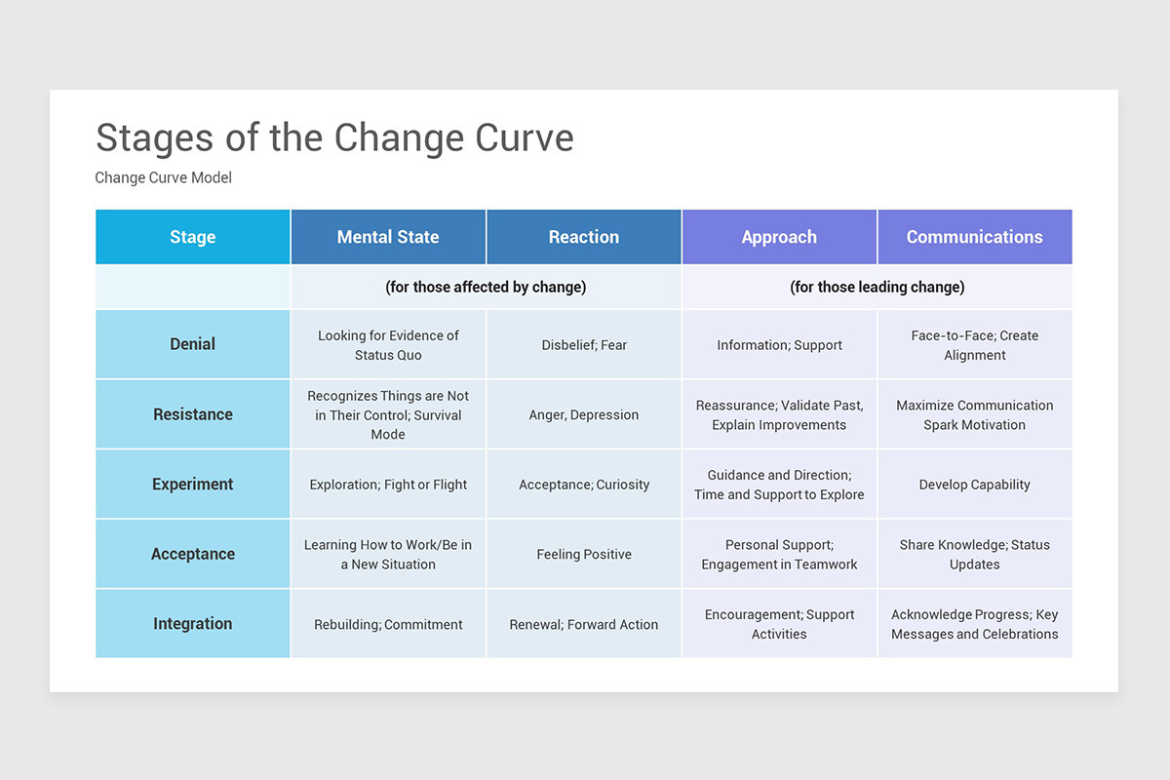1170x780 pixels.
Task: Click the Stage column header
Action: (x=193, y=237)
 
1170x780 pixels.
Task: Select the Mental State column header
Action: (x=388, y=237)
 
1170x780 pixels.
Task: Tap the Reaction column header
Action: (x=583, y=237)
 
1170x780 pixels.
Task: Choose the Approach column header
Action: (x=779, y=237)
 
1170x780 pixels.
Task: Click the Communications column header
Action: (x=974, y=237)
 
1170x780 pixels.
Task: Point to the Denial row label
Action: (x=193, y=344)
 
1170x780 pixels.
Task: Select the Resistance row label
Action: (x=193, y=414)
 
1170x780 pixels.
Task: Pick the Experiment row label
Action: (x=193, y=485)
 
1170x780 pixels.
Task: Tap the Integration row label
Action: (x=193, y=624)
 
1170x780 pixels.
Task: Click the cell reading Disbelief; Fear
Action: (x=584, y=345)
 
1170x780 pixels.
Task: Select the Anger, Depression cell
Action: (x=584, y=414)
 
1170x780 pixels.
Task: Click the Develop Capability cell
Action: (x=974, y=485)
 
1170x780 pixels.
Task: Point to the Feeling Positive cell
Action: (x=584, y=555)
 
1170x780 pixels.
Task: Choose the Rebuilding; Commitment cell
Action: (x=388, y=625)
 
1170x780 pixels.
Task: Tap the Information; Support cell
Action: (x=779, y=345)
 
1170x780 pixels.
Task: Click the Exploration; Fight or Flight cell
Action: (x=388, y=485)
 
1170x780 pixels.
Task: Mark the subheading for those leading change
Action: (x=877, y=287)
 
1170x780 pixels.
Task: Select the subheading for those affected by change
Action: (x=486, y=287)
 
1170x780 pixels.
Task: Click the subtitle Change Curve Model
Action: (x=163, y=177)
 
